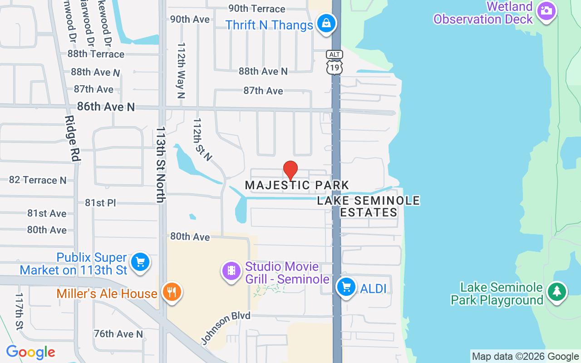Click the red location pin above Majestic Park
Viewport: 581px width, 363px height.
290,171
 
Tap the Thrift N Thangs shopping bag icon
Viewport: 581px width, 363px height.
326,23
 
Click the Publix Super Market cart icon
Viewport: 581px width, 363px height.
140,262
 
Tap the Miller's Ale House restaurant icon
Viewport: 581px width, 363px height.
171,292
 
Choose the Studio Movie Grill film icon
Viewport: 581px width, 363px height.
231,271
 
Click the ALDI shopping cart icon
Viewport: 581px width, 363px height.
346,287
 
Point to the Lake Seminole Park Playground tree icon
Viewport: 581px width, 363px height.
556,291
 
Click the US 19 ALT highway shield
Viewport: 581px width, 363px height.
335,63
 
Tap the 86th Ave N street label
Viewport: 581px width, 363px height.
106,107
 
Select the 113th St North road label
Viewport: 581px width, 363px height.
160,164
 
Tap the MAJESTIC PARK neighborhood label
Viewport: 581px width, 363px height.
297,185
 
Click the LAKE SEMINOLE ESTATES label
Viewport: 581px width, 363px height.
369,206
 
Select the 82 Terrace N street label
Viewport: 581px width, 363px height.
38,180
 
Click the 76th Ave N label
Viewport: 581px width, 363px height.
118,334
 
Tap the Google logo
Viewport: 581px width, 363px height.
30,352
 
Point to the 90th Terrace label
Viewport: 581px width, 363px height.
256,9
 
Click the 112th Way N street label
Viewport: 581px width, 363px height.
181,70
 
